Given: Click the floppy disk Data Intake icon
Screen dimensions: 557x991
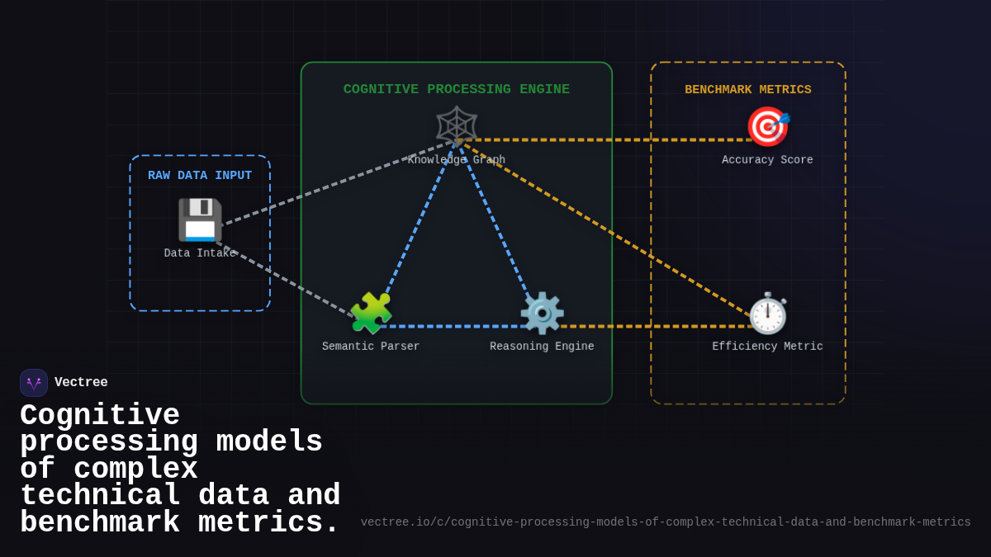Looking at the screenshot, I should (200, 219).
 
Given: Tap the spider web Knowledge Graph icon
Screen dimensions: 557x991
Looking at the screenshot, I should (457, 126).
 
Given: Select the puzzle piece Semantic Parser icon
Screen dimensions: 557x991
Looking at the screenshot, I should (371, 313).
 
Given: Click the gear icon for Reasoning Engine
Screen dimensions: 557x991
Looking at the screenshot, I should (542, 313).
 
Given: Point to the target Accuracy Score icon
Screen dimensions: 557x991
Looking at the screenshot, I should (767, 126).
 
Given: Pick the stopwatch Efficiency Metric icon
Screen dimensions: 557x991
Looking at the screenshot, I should (767, 313).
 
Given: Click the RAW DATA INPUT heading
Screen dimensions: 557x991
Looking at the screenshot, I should (200, 176).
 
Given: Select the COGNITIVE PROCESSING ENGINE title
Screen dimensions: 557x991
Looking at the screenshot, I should (457, 89).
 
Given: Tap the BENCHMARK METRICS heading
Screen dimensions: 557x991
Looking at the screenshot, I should (748, 90).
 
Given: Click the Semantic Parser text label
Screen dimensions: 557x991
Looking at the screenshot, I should (371, 347).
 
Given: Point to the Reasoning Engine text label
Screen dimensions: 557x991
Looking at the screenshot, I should (542, 347).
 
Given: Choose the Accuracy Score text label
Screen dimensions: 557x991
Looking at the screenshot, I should (767, 160).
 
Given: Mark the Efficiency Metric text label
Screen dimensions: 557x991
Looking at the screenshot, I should (767, 347).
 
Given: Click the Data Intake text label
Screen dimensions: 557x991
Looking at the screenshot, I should (200, 253).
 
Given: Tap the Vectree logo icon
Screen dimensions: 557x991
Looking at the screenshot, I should (34, 383).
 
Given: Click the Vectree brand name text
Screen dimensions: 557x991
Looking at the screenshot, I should (81, 383).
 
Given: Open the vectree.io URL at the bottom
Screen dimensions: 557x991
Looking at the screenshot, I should (666, 522).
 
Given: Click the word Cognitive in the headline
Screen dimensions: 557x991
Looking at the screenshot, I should (100, 415).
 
